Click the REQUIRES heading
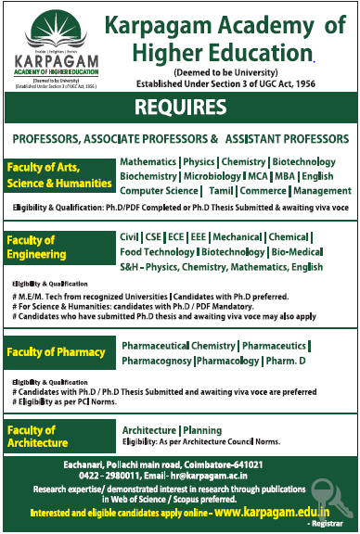179,107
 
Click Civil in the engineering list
131,236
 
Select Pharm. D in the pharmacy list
296,360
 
